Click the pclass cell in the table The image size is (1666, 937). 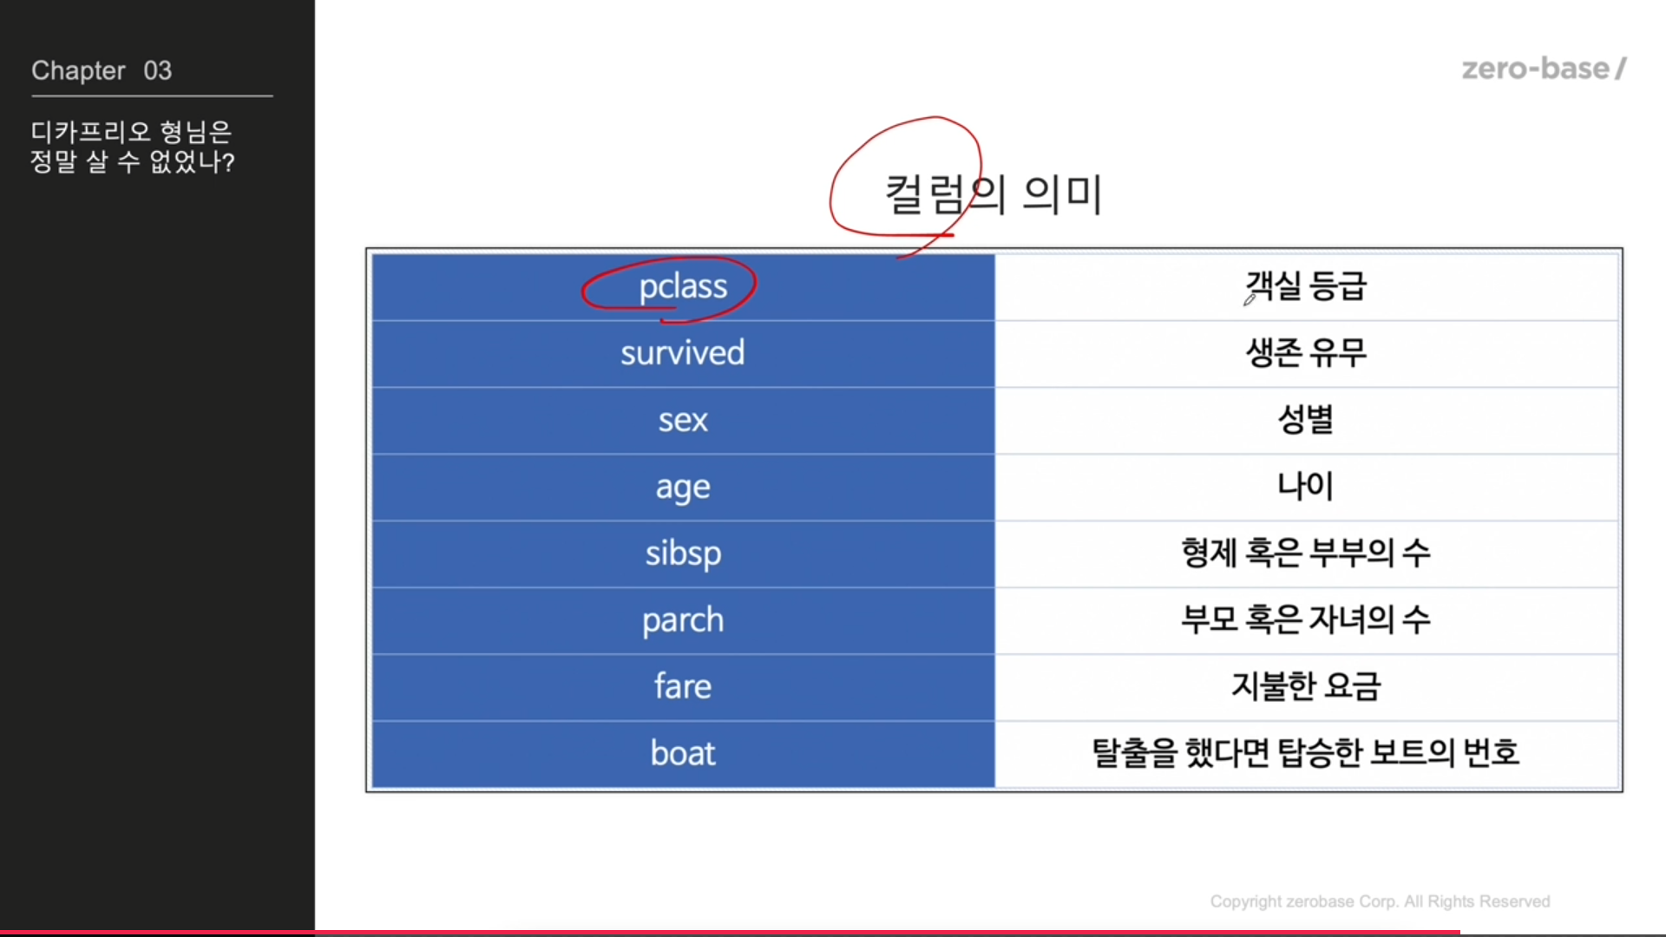point(683,287)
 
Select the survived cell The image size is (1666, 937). point(683,354)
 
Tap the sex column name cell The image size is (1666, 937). point(683,421)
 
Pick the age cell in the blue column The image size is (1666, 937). point(683,488)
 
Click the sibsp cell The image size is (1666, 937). point(683,554)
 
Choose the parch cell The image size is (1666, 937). point(683,621)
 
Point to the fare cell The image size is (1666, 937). point(683,687)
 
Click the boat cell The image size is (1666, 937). point(683,754)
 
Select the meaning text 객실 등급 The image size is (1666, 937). point(1306,285)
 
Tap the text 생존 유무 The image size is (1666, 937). point(1306,352)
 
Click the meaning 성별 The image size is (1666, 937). point(1306,419)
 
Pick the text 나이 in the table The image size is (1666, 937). point(1306,486)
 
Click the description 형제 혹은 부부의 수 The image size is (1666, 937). point(1306,553)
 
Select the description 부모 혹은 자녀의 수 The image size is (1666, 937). point(1306,619)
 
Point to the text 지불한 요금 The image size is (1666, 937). point(1306,686)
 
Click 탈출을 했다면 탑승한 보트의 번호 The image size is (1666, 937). point(1306,752)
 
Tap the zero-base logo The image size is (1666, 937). point(1545,69)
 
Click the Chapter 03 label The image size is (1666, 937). point(102,70)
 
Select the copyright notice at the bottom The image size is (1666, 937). point(1380,901)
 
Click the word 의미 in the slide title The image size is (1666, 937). point(1063,194)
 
